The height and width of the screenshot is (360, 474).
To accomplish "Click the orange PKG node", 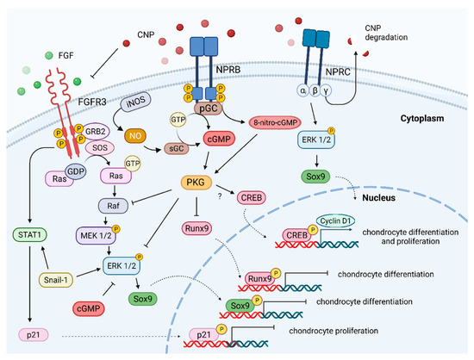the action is (x=196, y=182).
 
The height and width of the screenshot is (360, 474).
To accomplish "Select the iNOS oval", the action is (x=135, y=102).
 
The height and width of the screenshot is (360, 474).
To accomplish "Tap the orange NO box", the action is (x=135, y=136).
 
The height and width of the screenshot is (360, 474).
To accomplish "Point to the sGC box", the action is (x=176, y=148).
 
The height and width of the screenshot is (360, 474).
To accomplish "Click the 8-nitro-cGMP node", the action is (x=275, y=122).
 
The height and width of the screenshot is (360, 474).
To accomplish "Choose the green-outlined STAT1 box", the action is (x=29, y=235).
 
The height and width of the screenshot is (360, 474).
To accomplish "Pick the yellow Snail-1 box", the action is (x=56, y=280).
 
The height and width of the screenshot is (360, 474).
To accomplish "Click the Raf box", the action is (x=114, y=206).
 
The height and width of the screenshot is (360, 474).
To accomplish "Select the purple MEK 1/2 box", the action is (x=96, y=235).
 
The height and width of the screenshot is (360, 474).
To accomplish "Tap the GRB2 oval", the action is (x=96, y=132).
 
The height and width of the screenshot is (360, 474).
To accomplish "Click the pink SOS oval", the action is (x=100, y=147).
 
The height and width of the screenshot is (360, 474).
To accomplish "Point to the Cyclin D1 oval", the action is (x=335, y=221).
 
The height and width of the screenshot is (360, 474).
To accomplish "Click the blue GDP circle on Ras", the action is (x=76, y=171).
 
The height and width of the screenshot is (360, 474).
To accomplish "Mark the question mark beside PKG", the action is (x=220, y=196).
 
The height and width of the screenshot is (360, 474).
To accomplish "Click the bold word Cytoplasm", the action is (x=422, y=118).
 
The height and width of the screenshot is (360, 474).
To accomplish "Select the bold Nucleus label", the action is (x=379, y=198).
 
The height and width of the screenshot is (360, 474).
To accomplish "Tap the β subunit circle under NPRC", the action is (x=315, y=90).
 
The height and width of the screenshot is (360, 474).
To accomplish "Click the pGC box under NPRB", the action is (x=209, y=109).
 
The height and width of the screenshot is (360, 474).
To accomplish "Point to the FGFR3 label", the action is (x=92, y=102).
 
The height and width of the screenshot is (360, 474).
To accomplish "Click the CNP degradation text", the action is (x=386, y=33).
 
